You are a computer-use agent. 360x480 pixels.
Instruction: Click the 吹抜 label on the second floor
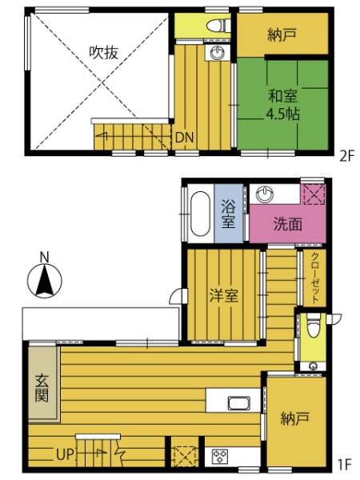(x=103, y=53)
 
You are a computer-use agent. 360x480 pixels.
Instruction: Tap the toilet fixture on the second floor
(x=218, y=26)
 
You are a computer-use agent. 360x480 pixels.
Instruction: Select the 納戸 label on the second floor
(x=282, y=34)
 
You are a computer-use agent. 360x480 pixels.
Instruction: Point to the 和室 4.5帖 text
(x=282, y=105)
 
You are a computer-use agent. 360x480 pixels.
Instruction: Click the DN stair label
(x=184, y=138)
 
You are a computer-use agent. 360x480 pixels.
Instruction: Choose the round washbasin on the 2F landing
(x=218, y=52)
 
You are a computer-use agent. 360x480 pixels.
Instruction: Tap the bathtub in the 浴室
(x=200, y=214)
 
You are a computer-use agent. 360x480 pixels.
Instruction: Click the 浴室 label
(x=229, y=214)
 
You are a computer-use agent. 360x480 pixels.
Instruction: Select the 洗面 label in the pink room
(x=287, y=224)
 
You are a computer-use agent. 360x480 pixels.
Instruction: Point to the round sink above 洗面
(x=265, y=194)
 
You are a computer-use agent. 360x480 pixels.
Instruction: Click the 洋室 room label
(x=223, y=295)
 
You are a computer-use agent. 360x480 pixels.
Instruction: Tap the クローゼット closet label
(x=315, y=278)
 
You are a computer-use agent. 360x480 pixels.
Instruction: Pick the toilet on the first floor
(x=313, y=325)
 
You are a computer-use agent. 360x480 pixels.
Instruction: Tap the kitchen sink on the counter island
(x=239, y=403)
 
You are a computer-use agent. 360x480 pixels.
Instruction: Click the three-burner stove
(x=220, y=456)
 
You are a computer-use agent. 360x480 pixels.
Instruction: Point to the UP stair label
(x=65, y=454)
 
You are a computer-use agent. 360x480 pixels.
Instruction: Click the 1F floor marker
(x=344, y=465)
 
